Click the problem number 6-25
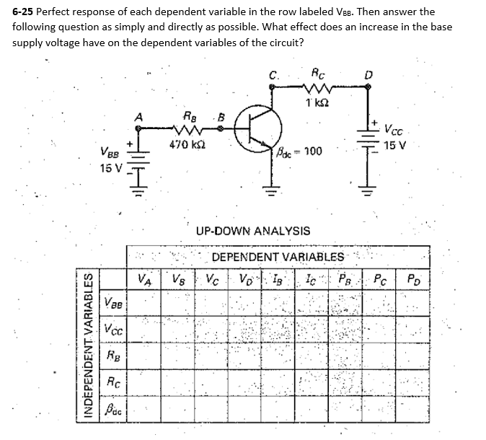click(24, 12)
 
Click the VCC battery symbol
click(370, 137)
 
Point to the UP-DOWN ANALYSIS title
click(253, 232)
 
